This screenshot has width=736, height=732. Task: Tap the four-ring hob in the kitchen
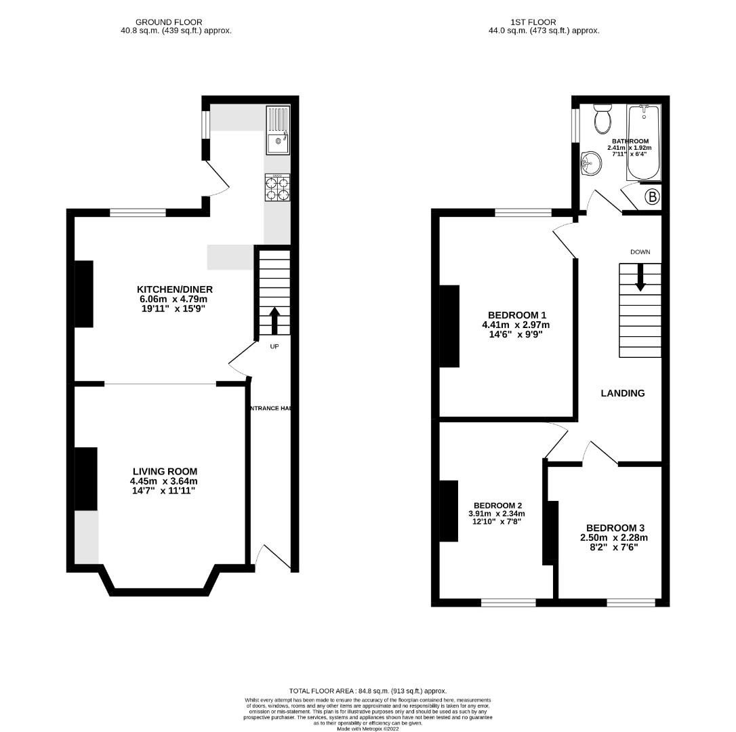click(278, 188)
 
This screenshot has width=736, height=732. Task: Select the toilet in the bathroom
click(602, 119)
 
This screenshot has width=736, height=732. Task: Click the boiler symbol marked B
click(651, 197)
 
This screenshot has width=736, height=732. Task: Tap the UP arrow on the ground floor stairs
click(274, 322)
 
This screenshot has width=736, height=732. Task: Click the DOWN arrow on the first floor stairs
click(640, 278)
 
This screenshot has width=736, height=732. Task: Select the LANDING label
click(623, 393)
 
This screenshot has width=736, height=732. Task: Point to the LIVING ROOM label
click(165, 472)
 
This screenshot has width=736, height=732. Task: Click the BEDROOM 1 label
click(517, 315)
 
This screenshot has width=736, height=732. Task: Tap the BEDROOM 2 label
click(497, 506)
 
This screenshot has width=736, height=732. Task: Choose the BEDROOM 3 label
click(615, 528)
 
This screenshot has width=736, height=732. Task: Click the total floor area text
click(368, 691)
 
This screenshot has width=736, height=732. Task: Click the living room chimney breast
click(85, 479)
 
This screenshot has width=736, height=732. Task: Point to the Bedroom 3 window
click(631, 602)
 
